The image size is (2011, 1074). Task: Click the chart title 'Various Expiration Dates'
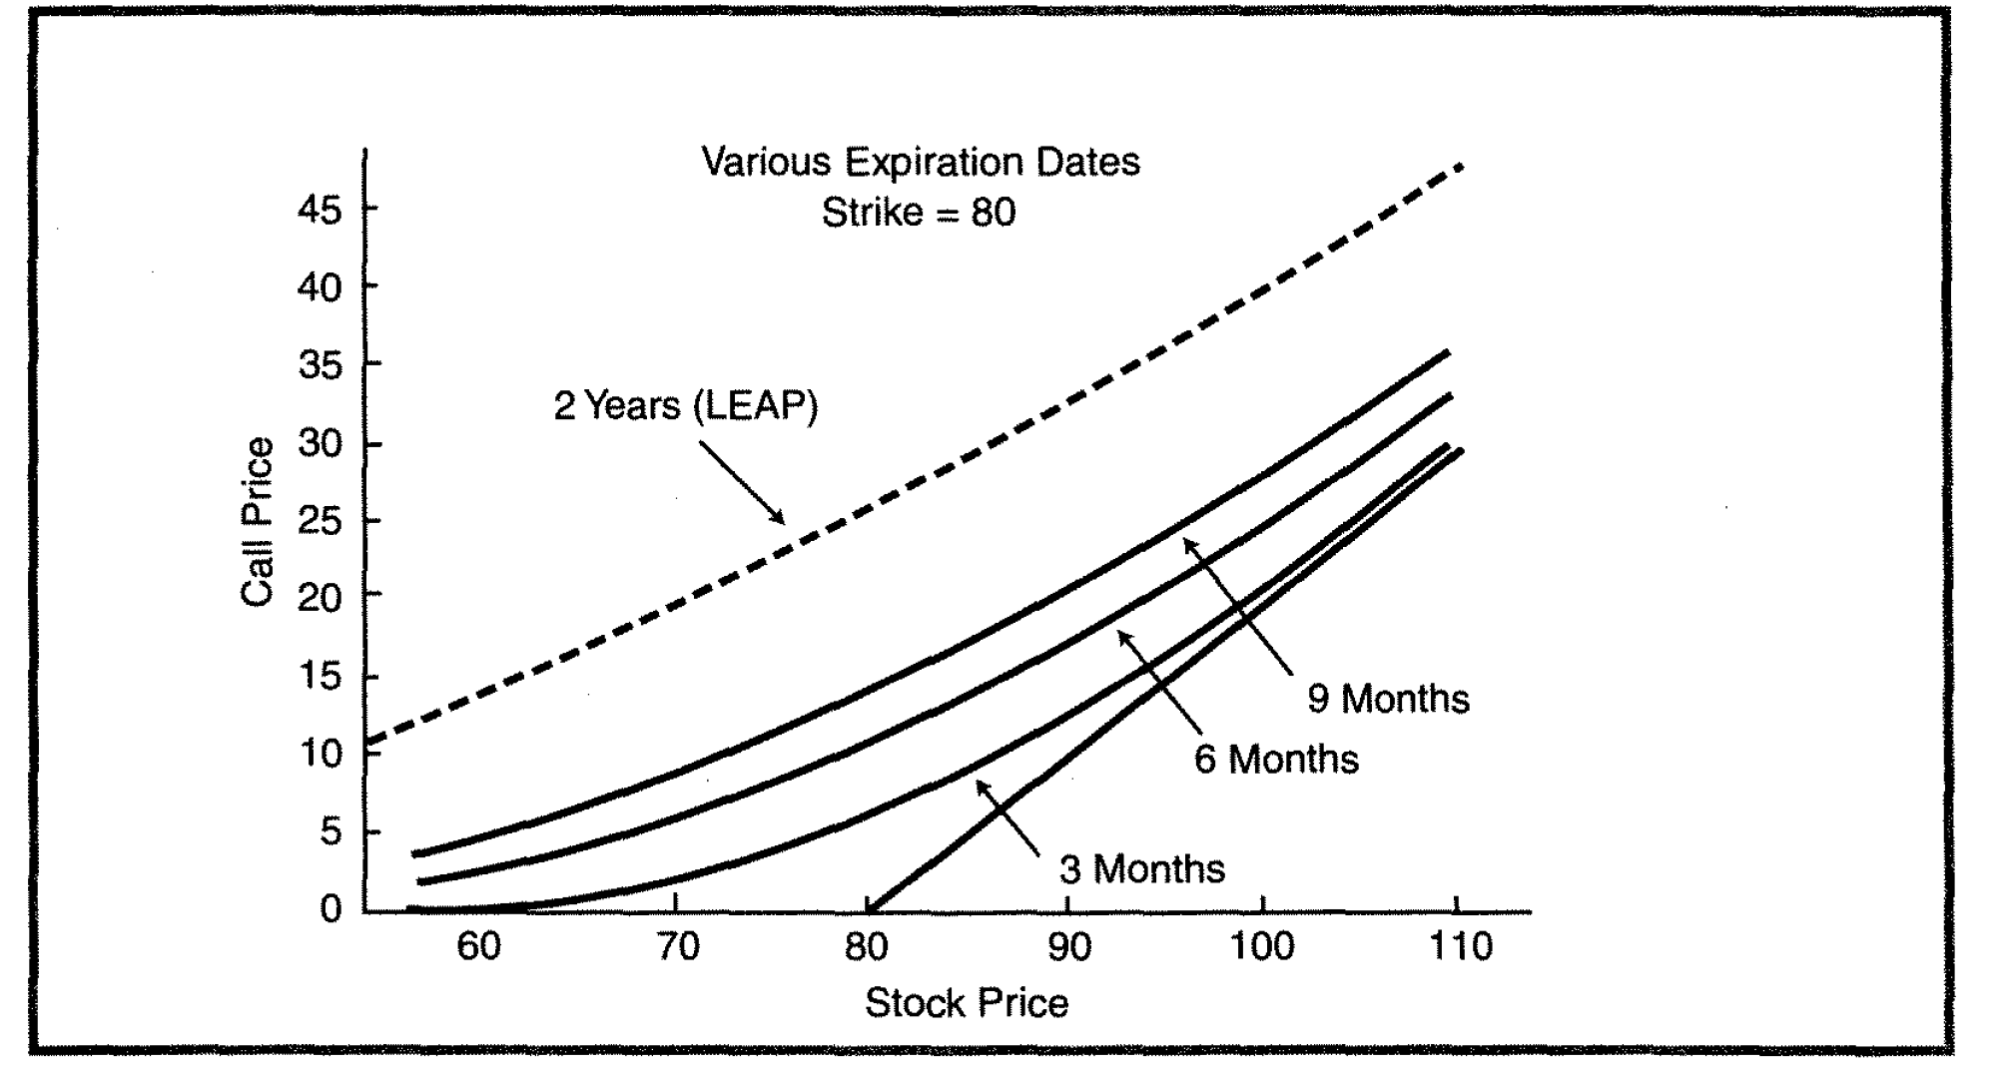click(x=920, y=162)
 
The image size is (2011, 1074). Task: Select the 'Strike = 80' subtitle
click(x=918, y=213)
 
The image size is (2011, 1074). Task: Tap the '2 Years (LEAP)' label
click(x=685, y=406)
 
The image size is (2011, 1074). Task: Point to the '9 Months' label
click(x=1388, y=699)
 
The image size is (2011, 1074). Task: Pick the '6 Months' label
click(x=1276, y=760)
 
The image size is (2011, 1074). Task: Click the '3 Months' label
click(x=1141, y=869)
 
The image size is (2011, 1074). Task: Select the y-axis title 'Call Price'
click(x=257, y=521)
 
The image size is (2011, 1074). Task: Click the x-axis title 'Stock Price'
click(x=966, y=1003)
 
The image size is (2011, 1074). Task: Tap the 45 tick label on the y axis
click(x=319, y=211)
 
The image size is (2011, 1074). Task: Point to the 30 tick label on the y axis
click(x=319, y=443)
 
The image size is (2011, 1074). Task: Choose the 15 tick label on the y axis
click(x=319, y=677)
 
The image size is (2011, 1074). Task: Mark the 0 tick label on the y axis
click(x=331, y=909)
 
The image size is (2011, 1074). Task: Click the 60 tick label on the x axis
click(x=478, y=946)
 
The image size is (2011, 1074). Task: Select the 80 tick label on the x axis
click(x=866, y=946)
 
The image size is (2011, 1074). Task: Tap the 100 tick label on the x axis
click(x=1261, y=946)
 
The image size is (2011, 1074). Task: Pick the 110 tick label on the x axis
click(x=1460, y=946)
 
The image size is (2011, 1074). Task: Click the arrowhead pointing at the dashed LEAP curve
click(x=780, y=519)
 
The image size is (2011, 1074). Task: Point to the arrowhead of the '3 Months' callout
click(x=982, y=786)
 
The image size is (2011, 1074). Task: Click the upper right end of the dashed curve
click(x=1461, y=167)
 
